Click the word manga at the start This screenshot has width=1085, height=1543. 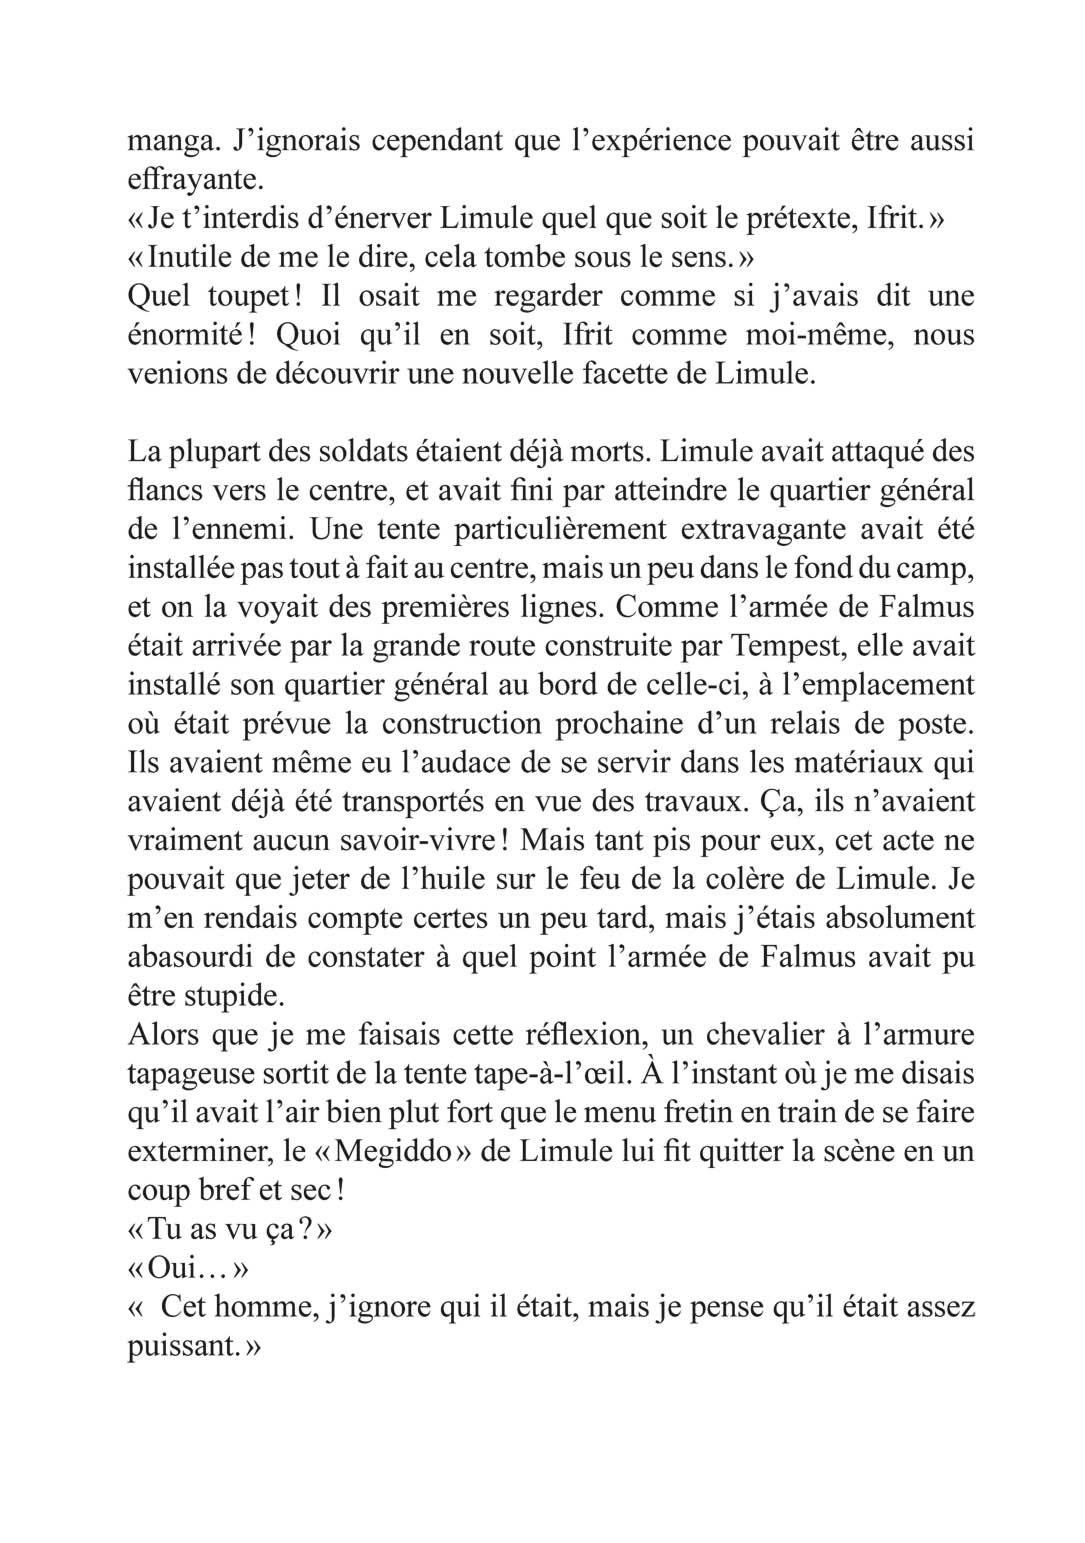[164, 141]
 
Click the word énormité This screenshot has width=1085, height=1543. [191, 335]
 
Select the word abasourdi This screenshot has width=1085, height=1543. [186, 957]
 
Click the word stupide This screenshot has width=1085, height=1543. [224, 996]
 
